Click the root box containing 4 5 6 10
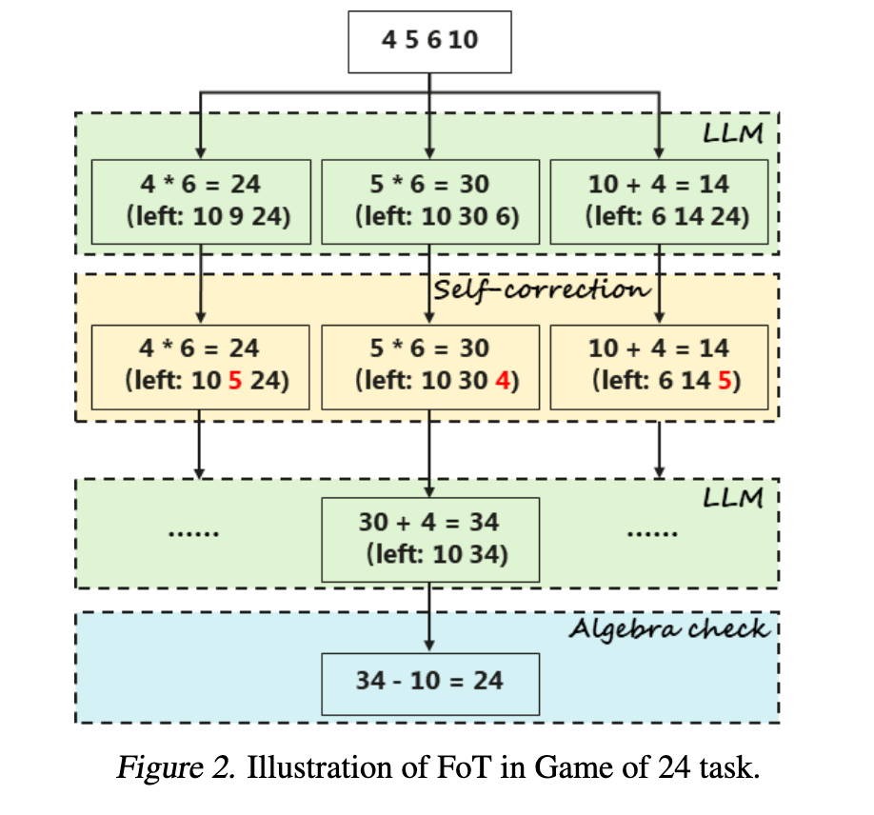[429, 41]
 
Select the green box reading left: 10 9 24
[200, 201]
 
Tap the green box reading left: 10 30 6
[429, 201]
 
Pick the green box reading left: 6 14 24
[659, 201]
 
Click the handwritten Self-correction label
[541, 289]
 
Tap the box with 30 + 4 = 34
[429, 538]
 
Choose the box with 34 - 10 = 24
[429, 681]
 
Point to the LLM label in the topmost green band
[732, 133]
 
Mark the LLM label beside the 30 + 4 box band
[732, 497]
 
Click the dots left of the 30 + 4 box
[193, 534]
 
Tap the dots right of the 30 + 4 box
[654, 534]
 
